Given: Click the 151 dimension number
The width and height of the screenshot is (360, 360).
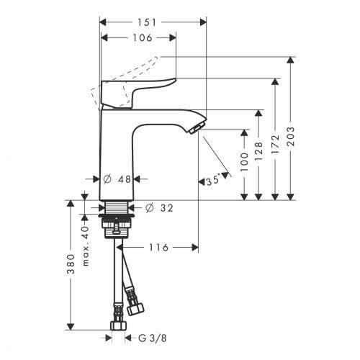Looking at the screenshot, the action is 147,22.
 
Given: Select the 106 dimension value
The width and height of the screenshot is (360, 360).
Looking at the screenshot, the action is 143,37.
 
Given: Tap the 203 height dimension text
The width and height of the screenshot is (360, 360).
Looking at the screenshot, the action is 291,136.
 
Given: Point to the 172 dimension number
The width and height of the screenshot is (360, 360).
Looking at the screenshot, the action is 276,144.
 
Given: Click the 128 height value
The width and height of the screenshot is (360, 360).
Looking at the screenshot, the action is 259,151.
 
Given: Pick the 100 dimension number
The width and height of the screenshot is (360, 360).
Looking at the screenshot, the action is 244,161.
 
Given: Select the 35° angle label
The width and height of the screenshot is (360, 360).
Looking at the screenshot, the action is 213,180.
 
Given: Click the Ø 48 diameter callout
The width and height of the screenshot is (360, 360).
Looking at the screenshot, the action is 117,179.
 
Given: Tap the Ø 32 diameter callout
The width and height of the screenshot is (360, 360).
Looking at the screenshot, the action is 159,208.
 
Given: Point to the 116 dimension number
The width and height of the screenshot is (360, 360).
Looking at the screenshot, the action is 158,248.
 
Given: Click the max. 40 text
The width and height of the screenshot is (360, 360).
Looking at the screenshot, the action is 86,246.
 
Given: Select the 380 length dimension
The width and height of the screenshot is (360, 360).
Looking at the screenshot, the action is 71,264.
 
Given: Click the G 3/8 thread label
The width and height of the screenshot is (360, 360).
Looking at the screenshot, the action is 153,338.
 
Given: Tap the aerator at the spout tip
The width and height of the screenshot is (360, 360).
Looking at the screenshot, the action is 197,127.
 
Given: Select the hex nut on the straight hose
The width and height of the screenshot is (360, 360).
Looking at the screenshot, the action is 118,325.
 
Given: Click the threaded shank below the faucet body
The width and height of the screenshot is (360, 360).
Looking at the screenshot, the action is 117,207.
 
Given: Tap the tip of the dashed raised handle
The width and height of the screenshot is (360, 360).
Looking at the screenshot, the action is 157,58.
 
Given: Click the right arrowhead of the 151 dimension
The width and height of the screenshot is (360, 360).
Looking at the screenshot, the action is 203,22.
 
